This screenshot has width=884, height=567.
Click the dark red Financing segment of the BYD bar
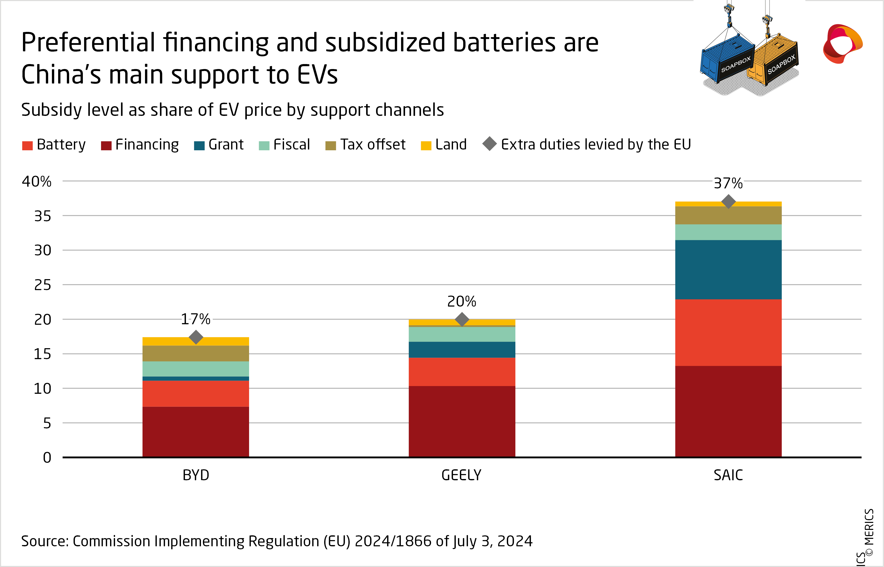[195, 431]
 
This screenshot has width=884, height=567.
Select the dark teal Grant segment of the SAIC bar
[728, 269]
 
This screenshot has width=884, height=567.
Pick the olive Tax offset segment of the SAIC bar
[728, 215]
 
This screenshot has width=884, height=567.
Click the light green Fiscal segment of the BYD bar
[195, 369]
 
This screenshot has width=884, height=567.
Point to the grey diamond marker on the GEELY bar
[462, 319]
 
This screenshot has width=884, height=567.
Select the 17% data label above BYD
[195, 319]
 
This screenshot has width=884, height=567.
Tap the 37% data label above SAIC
[728, 183]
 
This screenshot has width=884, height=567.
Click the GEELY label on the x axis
[461, 475]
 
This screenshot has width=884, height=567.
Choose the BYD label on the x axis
[196, 475]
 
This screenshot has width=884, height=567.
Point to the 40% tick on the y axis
[36, 181]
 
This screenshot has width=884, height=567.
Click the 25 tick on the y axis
[42, 285]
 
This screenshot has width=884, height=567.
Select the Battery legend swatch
[27, 146]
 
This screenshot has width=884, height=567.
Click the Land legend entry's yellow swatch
[426, 146]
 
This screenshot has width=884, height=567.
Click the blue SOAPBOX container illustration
[727, 59]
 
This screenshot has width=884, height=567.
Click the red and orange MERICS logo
[842, 43]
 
